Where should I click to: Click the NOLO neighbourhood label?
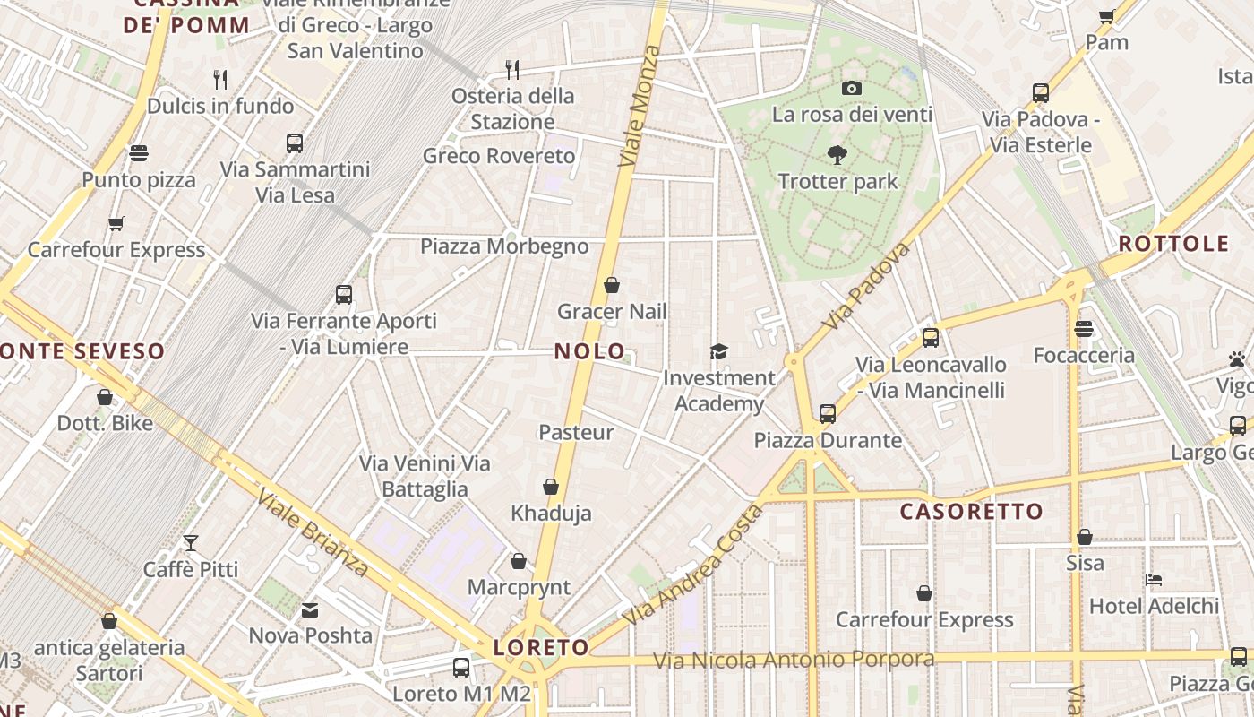(x=589, y=351)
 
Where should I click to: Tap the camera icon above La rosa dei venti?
(x=852, y=88)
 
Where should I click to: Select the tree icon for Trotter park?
(x=837, y=155)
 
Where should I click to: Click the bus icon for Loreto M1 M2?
(x=461, y=667)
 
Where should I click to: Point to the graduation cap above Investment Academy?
(x=718, y=351)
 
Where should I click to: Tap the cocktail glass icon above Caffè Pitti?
(x=191, y=542)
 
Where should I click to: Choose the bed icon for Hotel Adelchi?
(x=1154, y=580)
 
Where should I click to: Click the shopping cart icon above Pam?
(x=1107, y=15)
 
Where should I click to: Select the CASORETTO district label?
(x=972, y=512)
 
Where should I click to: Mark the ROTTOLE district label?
(x=1173, y=244)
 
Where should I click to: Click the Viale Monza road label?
(x=640, y=106)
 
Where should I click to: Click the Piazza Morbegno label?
(x=504, y=246)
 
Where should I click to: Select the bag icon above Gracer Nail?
(x=612, y=285)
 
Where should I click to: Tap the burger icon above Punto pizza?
(x=138, y=153)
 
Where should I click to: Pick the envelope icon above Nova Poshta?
(x=310, y=610)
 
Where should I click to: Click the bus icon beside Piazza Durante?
(x=828, y=414)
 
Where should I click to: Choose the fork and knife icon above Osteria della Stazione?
(x=512, y=69)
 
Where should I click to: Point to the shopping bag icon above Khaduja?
(x=551, y=487)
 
